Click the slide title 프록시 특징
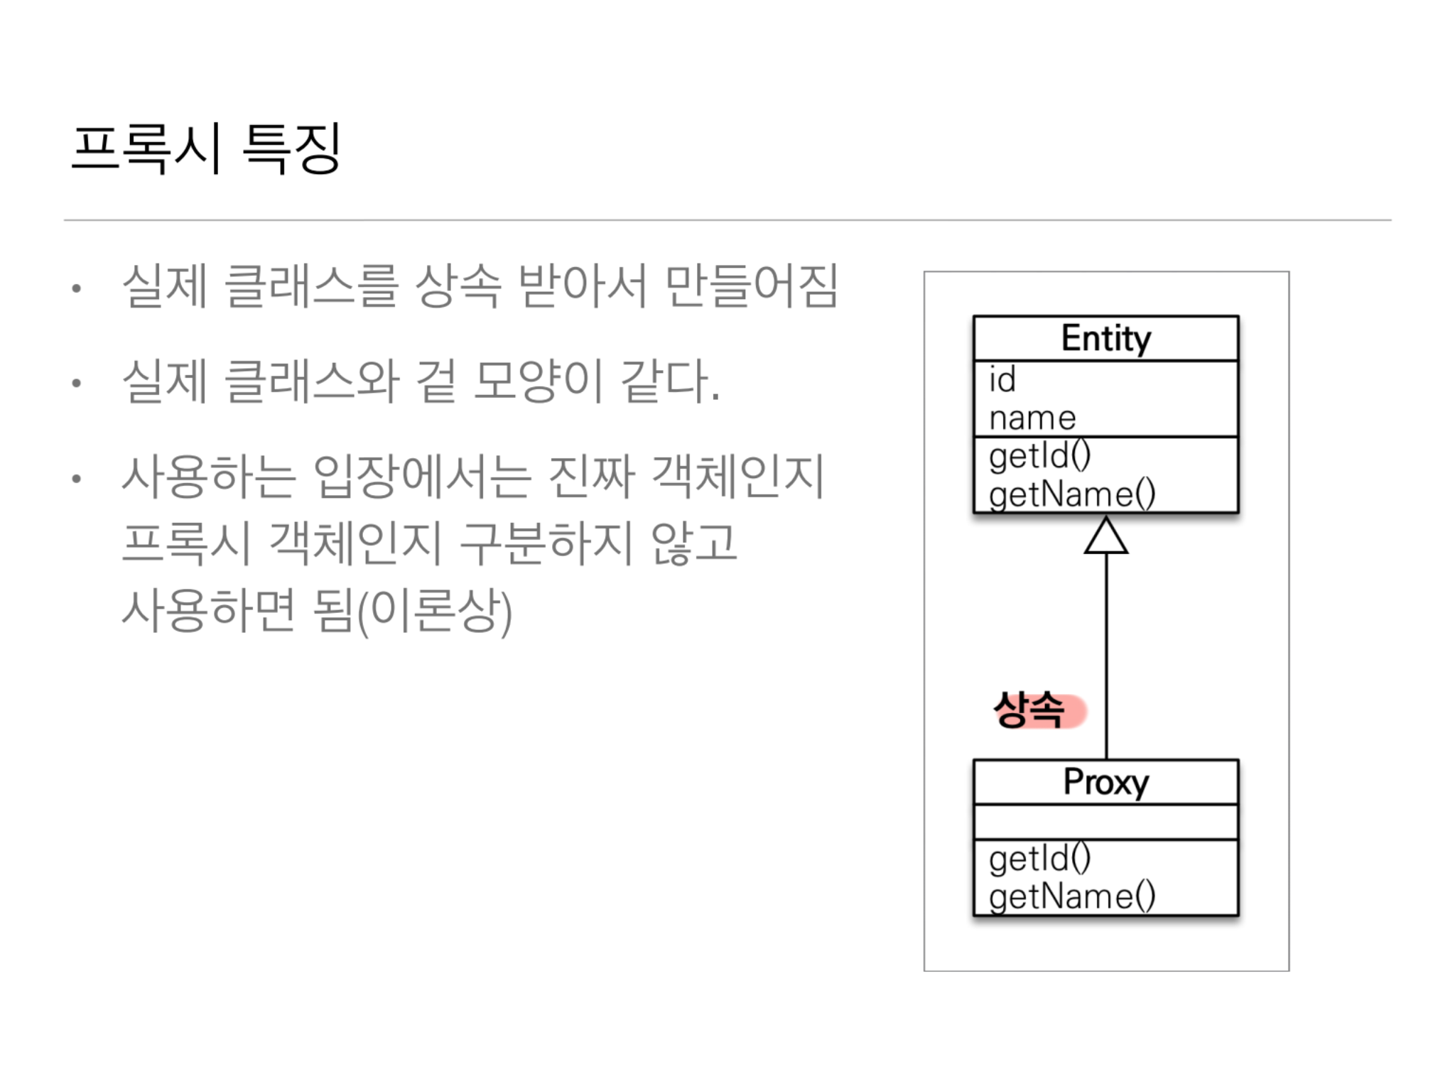(x=206, y=148)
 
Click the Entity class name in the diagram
(x=1105, y=338)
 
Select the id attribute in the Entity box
(x=1002, y=380)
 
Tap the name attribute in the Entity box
(x=1032, y=418)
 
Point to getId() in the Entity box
(x=1039, y=456)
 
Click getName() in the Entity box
(x=1071, y=494)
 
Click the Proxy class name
(x=1105, y=782)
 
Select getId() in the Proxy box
(x=1039, y=858)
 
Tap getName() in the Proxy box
(x=1071, y=896)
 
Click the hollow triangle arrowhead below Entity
(x=1105, y=537)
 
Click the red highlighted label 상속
(x=1030, y=710)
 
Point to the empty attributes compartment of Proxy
(x=1105, y=822)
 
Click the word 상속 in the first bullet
(x=458, y=286)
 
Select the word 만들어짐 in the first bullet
(x=752, y=286)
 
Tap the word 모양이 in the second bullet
(x=539, y=381)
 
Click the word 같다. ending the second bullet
(x=670, y=381)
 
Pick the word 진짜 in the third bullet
(x=592, y=477)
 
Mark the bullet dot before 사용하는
(x=77, y=479)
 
